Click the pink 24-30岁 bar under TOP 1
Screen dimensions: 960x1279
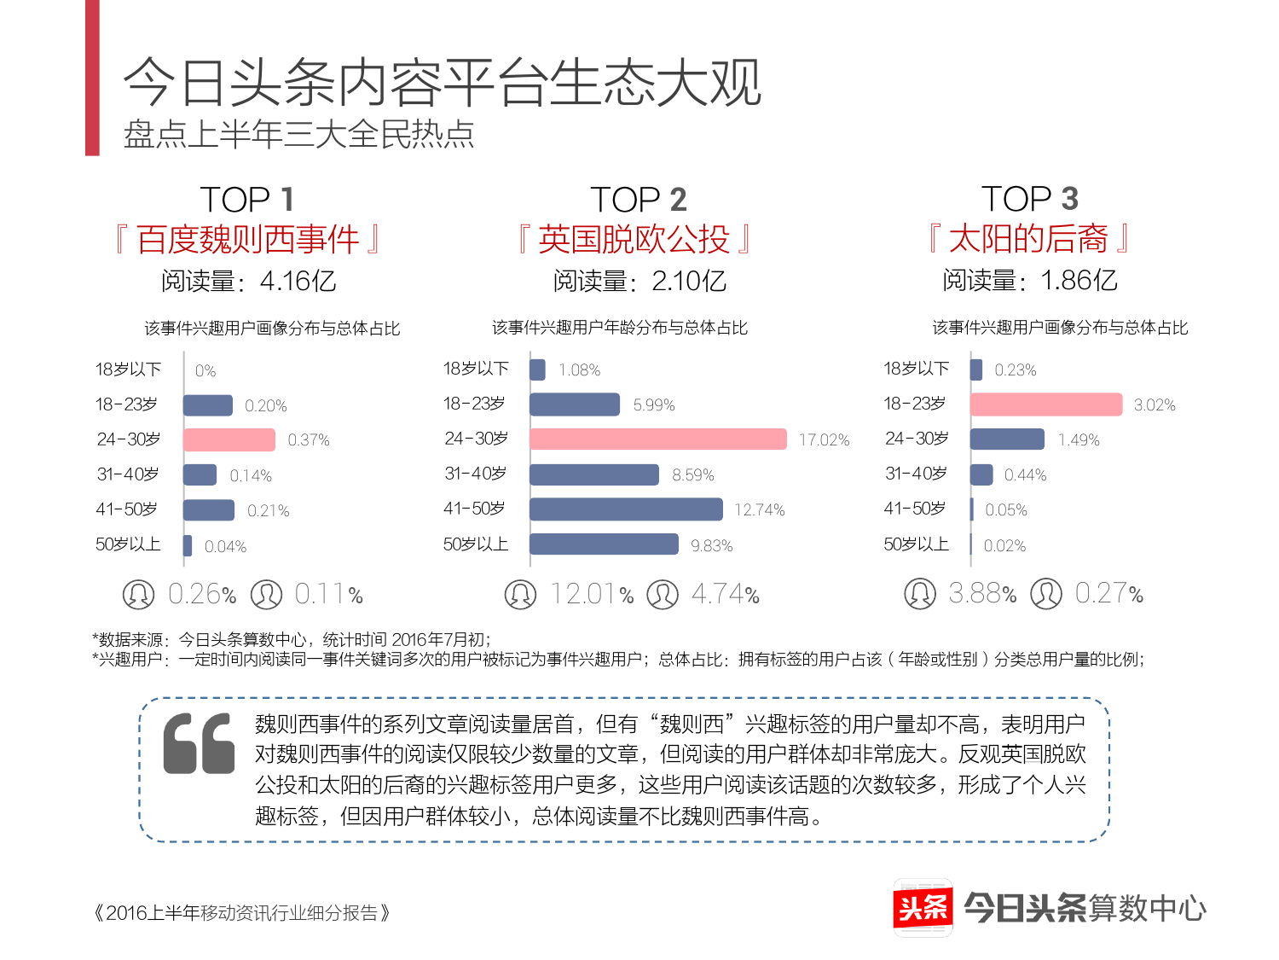(229, 439)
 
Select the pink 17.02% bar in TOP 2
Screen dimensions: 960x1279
(657, 439)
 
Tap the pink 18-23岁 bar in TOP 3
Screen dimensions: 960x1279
(1045, 404)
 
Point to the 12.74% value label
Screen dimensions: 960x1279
(759, 509)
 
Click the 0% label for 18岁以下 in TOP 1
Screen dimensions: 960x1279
(205, 370)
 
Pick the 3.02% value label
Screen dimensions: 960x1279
(1154, 404)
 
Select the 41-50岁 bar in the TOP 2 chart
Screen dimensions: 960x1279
(626, 509)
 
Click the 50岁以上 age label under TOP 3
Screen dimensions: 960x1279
(916, 544)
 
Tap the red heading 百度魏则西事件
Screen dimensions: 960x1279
(247, 240)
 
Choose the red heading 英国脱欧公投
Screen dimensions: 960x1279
(634, 240)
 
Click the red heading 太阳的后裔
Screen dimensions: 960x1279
(1028, 239)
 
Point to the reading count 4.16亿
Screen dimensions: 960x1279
(298, 281)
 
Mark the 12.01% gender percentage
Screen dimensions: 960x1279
(592, 594)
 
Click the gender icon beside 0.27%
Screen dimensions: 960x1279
(1046, 593)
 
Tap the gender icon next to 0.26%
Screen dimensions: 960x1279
(138, 594)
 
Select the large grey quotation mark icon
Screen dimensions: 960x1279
(199, 743)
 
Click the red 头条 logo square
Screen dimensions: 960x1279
(923, 907)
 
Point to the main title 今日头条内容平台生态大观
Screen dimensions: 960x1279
(442, 84)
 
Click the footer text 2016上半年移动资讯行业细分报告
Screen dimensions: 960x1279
(242, 913)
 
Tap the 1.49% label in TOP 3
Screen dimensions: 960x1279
(1079, 439)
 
